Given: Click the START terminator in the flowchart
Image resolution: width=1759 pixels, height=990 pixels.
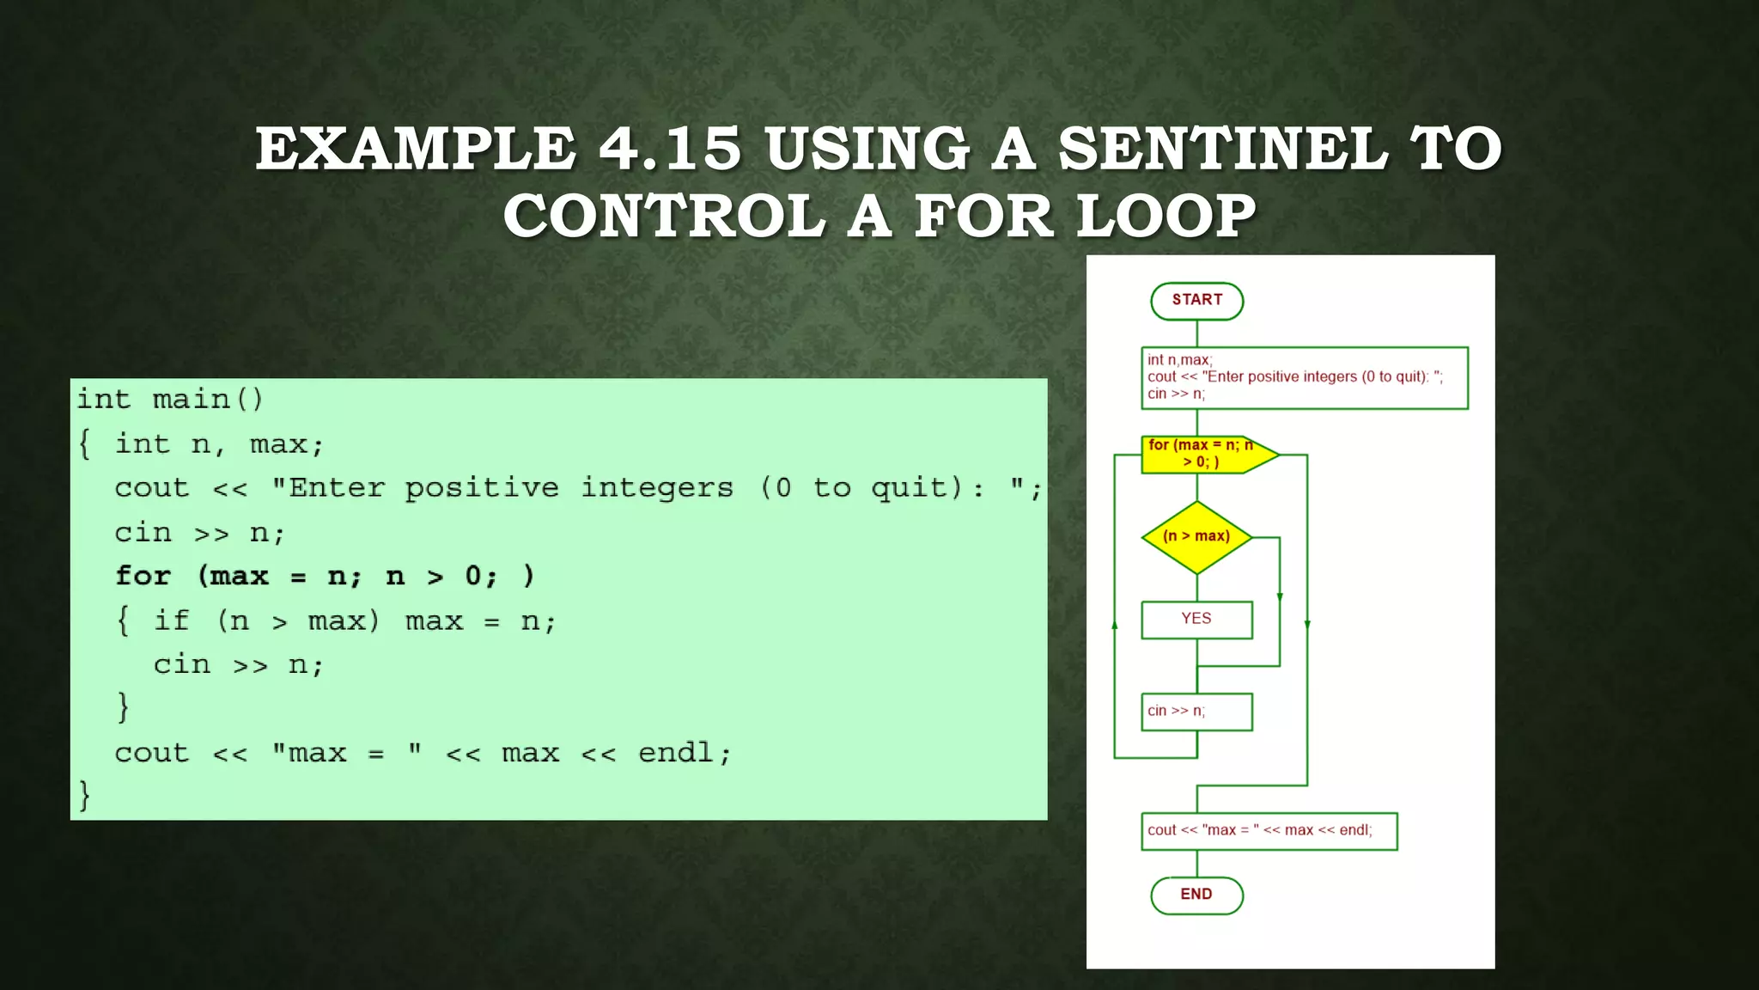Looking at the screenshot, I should click(x=1196, y=301).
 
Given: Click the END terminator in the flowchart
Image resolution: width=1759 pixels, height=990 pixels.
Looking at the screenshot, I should click(x=1196, y=895).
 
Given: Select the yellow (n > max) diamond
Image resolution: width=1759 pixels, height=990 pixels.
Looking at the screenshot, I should click(x=1196, y=537).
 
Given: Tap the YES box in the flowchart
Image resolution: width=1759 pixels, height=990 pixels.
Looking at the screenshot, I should click(x=1196, y=620).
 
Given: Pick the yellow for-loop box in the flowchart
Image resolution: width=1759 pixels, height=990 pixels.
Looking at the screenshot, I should click(x=1202, y=454).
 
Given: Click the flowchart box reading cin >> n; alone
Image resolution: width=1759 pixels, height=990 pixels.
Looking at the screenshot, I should click(x=1196, y=712).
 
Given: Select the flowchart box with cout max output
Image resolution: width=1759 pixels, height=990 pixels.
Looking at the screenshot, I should click(x=1269, y=831).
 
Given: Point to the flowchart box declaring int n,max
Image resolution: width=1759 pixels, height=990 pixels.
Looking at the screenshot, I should click(x=1304, y=377).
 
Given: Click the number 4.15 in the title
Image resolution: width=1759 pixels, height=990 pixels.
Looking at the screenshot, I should click(x=669, y=148).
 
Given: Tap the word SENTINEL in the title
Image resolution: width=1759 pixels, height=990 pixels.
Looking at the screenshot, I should click(x=1222, y=148).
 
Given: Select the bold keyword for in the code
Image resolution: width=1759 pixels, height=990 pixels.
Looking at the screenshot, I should click(x=143, y=576).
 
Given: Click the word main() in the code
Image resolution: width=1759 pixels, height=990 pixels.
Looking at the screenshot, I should click(x=208, y=400).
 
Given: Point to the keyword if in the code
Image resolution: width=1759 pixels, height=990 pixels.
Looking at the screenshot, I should click(x=171, y=620).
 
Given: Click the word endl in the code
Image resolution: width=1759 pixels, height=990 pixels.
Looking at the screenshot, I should click(x=675, y=753).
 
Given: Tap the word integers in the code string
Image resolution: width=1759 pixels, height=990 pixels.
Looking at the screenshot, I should click(x=657, y=488).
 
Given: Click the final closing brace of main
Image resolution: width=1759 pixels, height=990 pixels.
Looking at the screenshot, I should click(x=84, y=795).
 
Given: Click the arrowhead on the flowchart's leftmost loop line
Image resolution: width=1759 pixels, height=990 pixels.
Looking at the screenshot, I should click(x=1115, y=626).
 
